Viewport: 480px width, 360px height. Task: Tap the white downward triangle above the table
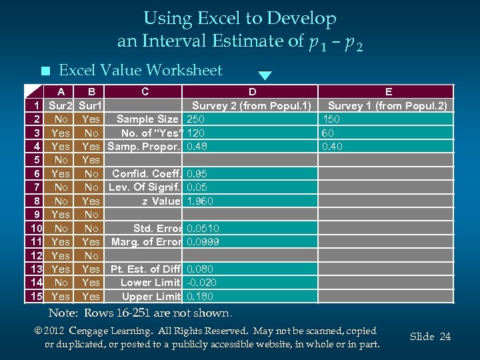(265, 75)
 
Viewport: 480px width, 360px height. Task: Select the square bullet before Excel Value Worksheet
(44, 71)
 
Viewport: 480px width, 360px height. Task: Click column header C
(145, 92)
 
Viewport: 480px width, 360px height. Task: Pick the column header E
(389, 92)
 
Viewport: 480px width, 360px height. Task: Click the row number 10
(36, 229)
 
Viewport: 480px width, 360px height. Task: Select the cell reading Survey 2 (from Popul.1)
(251, 105)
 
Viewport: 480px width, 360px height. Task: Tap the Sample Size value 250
(196, 119)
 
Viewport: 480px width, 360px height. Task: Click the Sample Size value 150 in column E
(331, 119)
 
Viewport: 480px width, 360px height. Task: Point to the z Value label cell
(161, 201)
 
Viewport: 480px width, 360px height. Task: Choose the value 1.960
(200, 201)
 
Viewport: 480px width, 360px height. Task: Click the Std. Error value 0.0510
(203, 229)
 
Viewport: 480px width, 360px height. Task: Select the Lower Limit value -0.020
(202, 283)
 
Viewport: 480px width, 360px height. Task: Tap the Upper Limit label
(151, 297)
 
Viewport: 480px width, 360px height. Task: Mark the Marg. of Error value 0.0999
(203, 242)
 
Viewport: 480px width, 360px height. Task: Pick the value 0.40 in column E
(331, 147)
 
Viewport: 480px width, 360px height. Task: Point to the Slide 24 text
(430, 337)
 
